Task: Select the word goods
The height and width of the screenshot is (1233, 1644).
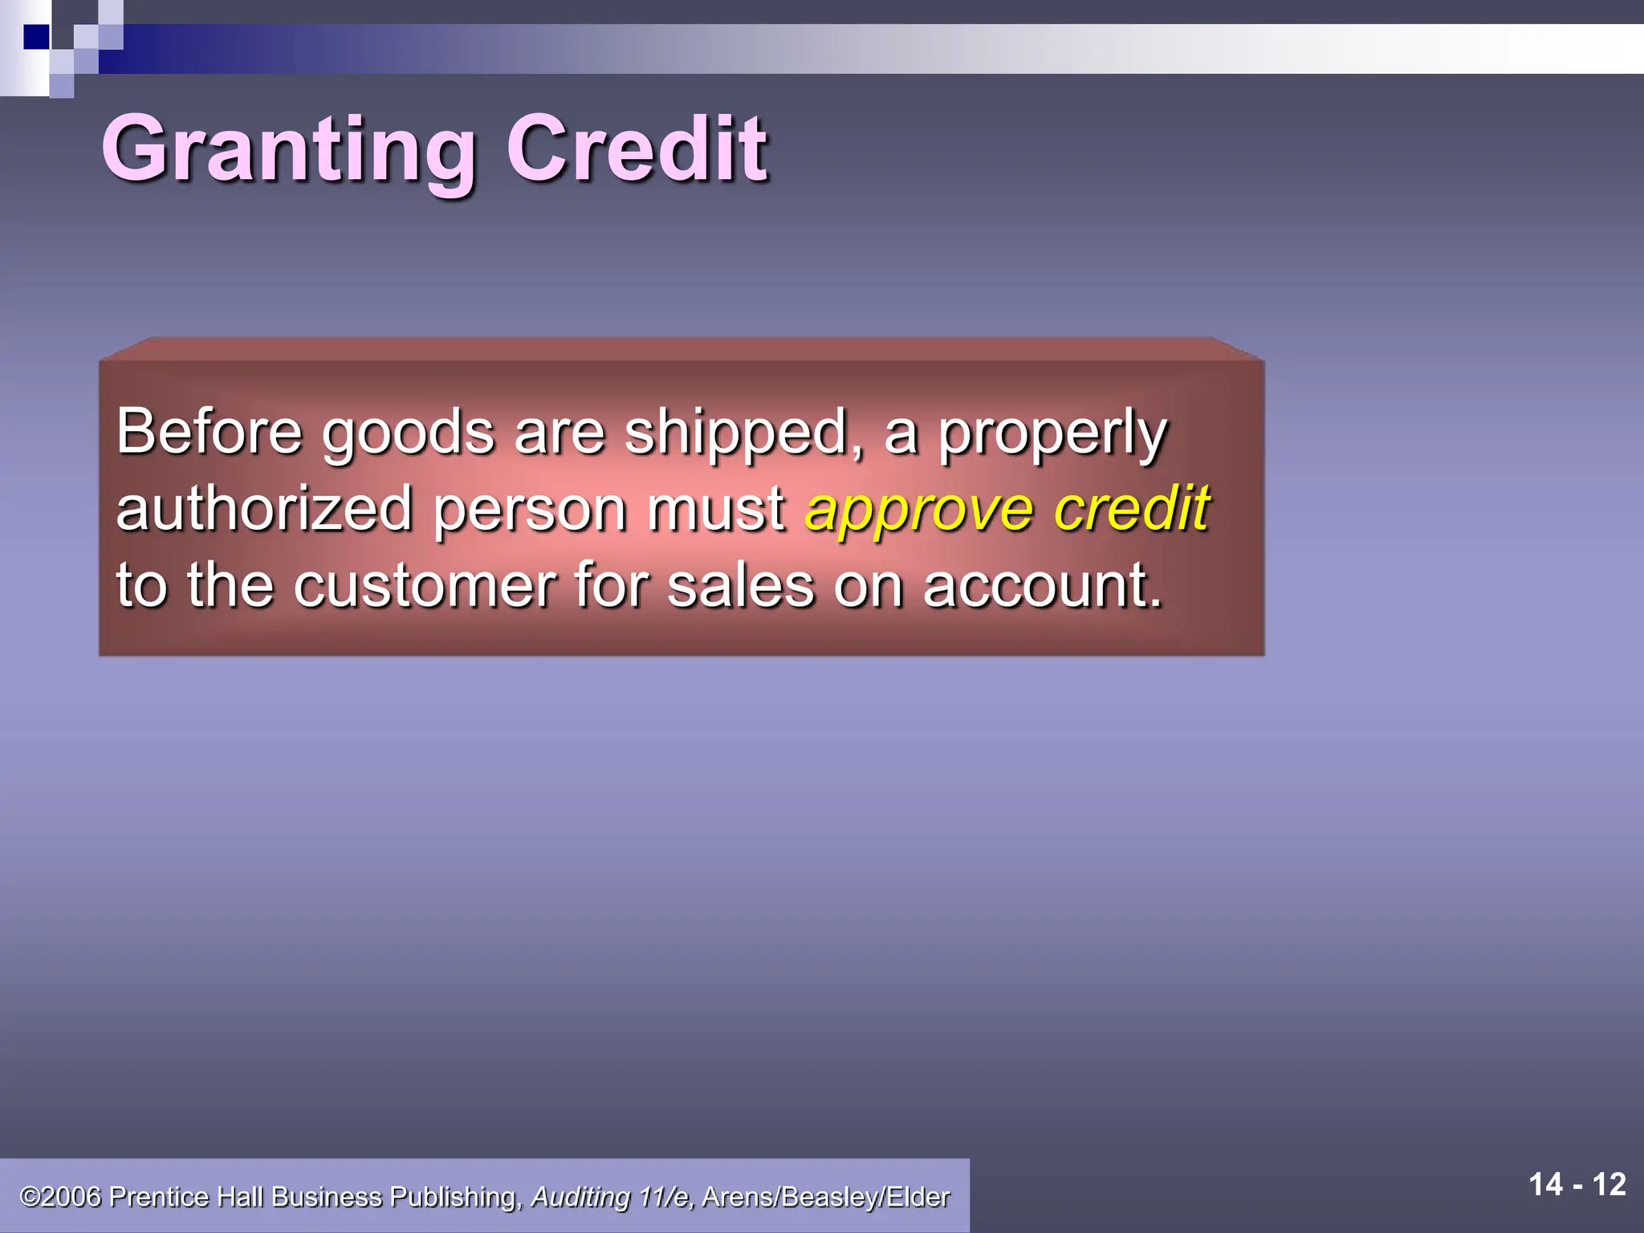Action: (408, 435)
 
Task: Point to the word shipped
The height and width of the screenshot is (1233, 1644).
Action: (743, 435)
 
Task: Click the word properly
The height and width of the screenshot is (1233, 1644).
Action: (1052, 435)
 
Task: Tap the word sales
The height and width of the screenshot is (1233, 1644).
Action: (741, 586)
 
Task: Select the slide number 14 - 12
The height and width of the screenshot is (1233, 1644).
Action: (1577, 1185)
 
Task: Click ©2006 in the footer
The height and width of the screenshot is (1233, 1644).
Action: (61, 1197)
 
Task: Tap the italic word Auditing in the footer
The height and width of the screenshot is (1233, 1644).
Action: (580, 1197)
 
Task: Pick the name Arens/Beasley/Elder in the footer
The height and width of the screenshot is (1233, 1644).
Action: (825, 1197)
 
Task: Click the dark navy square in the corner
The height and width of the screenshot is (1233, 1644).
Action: (36, 36)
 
